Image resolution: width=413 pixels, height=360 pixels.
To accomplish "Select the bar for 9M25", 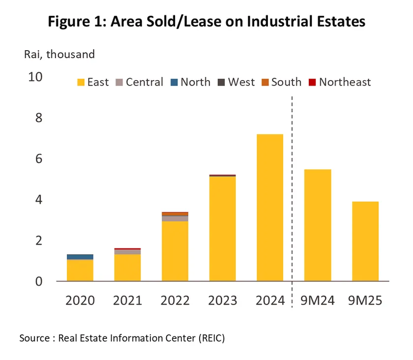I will [x=365, y=241].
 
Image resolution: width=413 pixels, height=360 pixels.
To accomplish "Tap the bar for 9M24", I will [x=317, y=225].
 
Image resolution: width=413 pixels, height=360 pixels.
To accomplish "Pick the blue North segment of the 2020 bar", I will [x=80, y=257].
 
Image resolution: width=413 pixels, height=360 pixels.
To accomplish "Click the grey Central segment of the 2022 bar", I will [x=175, y=218].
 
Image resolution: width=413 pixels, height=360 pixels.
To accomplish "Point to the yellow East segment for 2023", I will [x=222, y=229].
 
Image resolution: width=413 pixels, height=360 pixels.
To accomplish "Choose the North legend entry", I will [x=190, y=82].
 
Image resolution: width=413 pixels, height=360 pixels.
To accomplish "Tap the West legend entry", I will [x=236, y=82].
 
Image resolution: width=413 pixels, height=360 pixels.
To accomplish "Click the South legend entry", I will [x=281, y=82].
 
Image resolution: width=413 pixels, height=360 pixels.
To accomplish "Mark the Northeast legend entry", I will [x=339, y=82].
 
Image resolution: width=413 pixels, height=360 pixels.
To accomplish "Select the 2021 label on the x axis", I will [x=127, y=300].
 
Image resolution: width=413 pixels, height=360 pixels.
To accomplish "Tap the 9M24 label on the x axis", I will [x=317, y=300].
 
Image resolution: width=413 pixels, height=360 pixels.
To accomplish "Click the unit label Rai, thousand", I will [x=59, y=54].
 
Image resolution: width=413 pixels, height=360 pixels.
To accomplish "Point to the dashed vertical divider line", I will [x=293, y=197].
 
